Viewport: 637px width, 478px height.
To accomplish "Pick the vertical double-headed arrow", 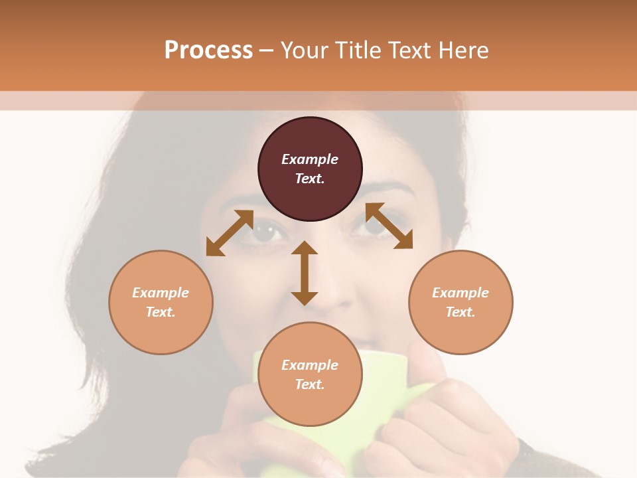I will click(305, 273).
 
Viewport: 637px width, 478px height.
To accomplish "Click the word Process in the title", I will click(208, 50).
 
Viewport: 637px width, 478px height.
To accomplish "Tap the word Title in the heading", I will click(358, 50).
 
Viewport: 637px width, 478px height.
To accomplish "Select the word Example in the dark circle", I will click(310, 159).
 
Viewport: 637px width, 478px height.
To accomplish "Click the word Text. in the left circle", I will click(161, 312).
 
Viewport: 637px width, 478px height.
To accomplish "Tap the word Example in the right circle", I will click(460, 293).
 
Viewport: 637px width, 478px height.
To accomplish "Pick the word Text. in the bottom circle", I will click(310, 384).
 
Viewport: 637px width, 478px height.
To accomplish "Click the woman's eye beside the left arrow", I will click(267, 232).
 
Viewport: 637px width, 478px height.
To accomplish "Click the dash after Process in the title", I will click(267, 50).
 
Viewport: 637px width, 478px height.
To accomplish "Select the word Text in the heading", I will click(407, 50).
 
